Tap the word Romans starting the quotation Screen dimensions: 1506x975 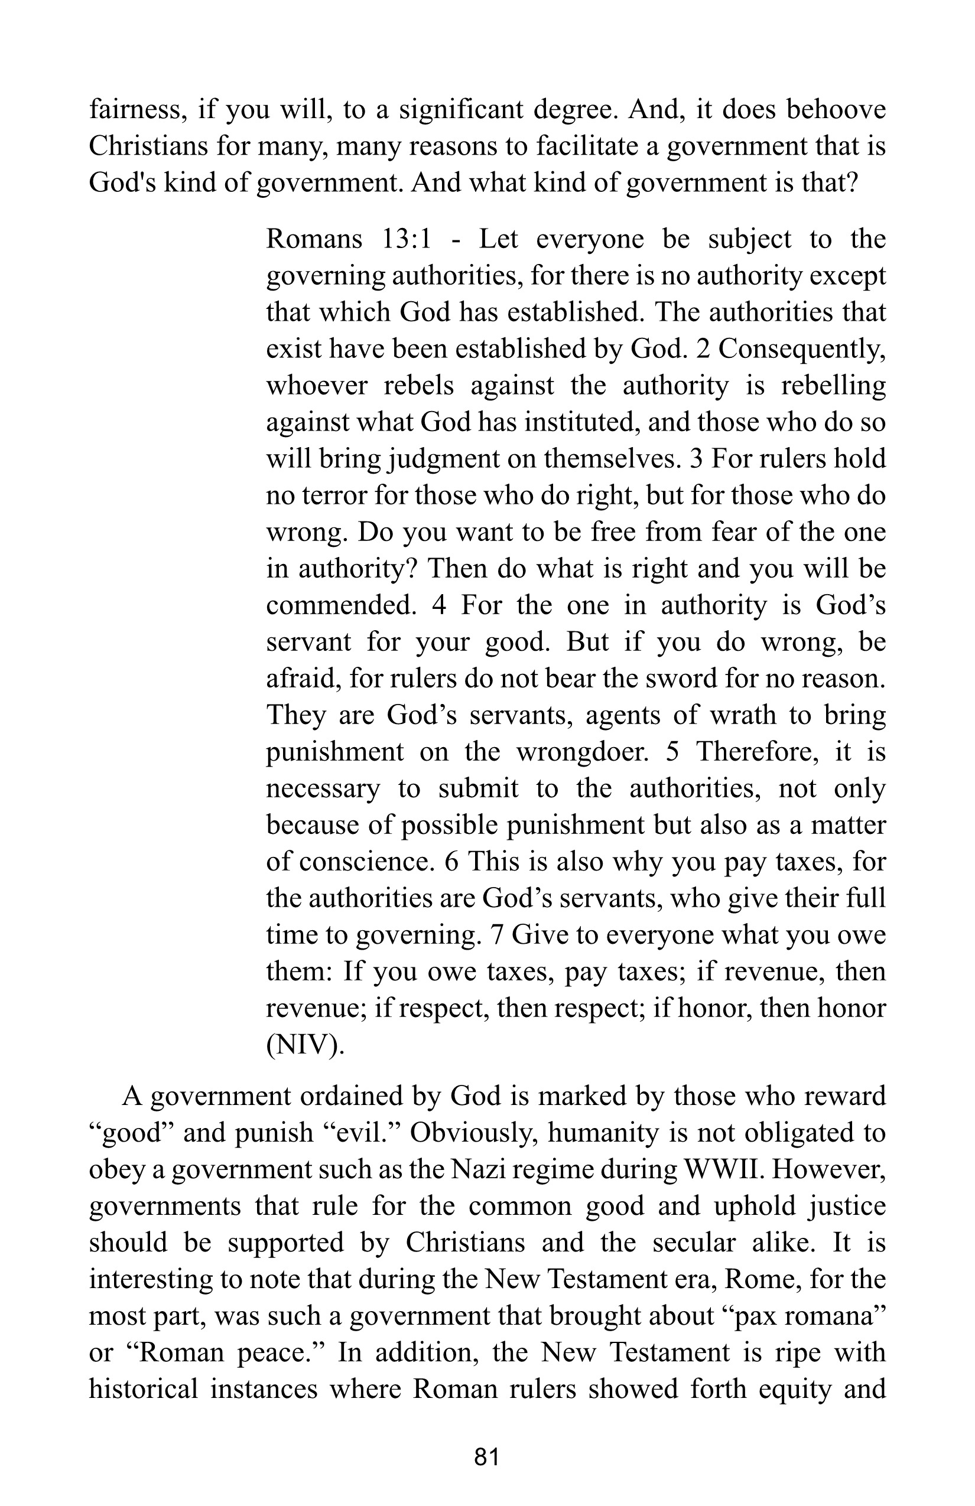[x=314, y=239]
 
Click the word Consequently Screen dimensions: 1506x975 [x=802, y=349]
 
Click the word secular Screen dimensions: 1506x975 [x=694, y=1243]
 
